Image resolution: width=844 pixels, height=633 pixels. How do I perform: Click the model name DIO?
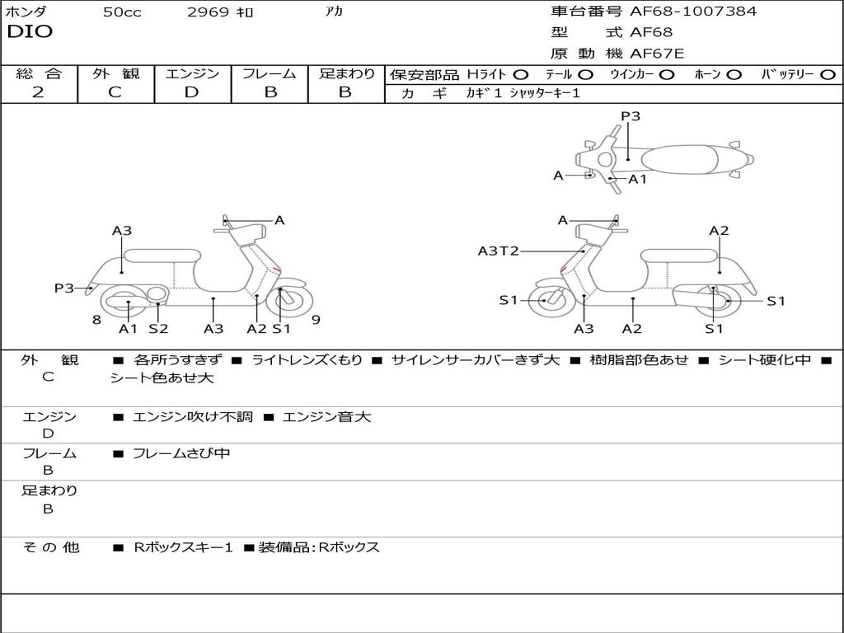point(30,32)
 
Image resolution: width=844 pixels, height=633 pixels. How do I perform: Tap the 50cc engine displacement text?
point(122,12)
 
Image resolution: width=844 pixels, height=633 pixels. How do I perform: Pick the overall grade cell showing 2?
point(38,92)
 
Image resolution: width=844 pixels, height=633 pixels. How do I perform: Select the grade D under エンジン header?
point(191,92)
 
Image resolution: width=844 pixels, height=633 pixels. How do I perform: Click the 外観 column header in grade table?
point(115,73)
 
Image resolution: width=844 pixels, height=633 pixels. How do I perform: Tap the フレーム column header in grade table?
point(269,73)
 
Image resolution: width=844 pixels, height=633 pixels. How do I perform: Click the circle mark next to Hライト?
point(521,74)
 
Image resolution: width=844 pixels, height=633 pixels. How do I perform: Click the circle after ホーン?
point(734,74)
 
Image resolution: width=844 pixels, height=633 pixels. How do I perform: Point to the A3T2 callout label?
point(498,251)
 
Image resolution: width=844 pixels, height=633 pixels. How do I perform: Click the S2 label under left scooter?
point(158,328)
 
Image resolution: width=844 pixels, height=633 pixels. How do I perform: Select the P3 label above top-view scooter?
point(631,116)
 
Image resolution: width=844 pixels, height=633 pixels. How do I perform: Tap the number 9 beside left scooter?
point(316,320)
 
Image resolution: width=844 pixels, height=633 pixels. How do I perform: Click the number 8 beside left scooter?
point(96,320)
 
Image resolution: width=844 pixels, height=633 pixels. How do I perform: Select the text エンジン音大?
point(326,417)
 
